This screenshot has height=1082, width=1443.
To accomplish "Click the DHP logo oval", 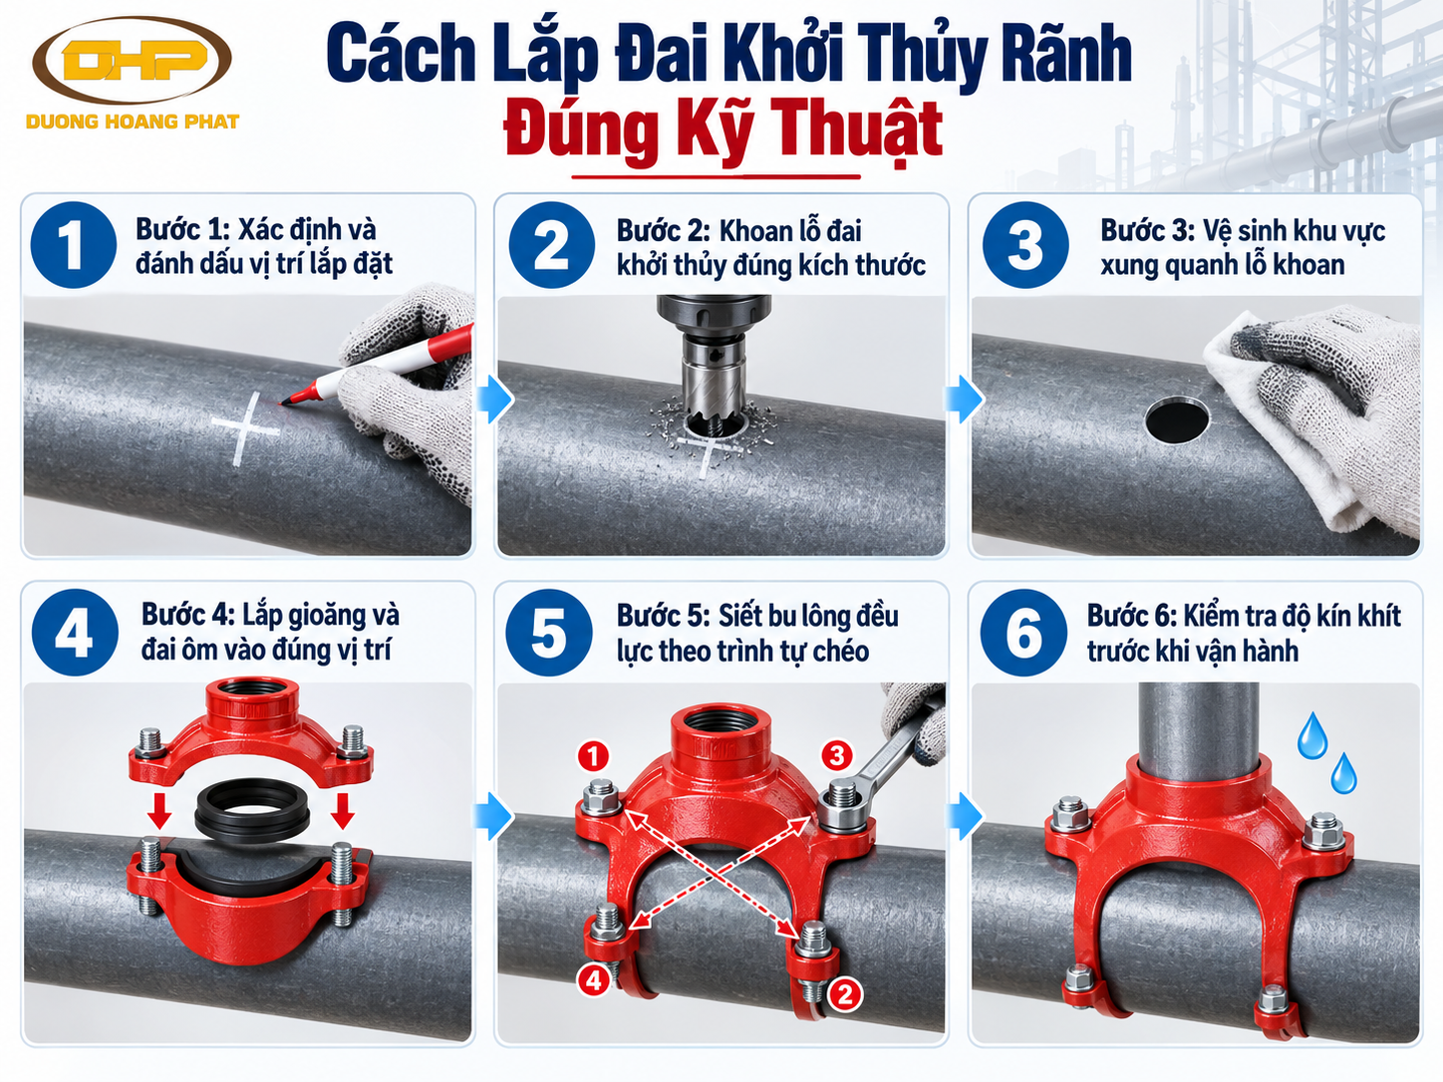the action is (x=132, y=60).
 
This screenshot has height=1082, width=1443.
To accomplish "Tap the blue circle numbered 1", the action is (x=73, y=244).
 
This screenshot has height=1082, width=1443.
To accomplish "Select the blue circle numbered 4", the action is (x=75, y=633).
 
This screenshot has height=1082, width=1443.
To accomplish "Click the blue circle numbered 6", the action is (x=1022, y=633).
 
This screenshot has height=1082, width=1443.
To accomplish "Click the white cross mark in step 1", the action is (x=245, y=429).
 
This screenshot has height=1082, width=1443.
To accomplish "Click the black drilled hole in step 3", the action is (x=1177, y=419).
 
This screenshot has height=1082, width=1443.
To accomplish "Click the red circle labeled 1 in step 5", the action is (x=594, y=756).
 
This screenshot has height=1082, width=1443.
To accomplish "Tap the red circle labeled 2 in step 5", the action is (x=844, y=994).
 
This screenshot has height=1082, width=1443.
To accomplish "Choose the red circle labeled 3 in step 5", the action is (x=836, y=755).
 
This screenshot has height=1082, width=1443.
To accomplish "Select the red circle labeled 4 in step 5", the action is (x=594, y=980).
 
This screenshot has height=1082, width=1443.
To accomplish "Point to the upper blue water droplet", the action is (x=1312, y=735).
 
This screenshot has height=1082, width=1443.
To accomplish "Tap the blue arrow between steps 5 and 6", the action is (x=965, y=816).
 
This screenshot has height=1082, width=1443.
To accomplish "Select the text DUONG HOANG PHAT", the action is (x=133, y=122).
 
